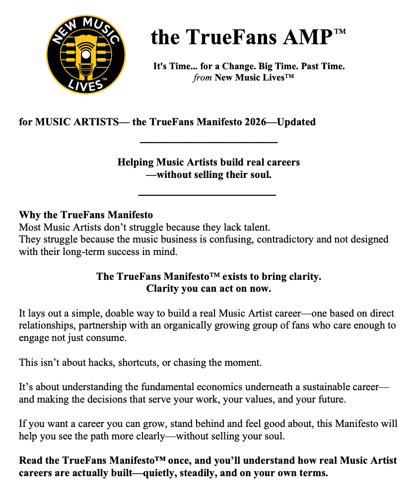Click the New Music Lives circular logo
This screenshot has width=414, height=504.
[86, 54]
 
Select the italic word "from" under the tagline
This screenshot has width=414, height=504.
[203, 78]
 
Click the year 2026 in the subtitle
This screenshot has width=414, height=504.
[258, 122]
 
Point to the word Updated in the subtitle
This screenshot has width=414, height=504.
[296, 122]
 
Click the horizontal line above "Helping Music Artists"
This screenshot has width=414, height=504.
[208, 143]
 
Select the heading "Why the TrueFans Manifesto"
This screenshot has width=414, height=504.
[86, 215]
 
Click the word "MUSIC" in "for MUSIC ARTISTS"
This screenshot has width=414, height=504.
[54, 122]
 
